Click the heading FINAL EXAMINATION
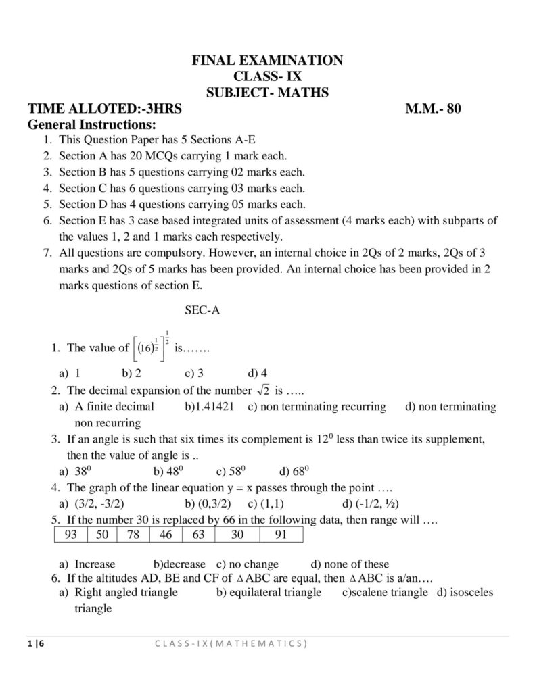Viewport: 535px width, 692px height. coord(268,61)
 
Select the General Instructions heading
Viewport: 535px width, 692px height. coord(92,125)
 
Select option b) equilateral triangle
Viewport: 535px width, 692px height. coord(269,592)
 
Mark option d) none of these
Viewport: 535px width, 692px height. coord(350,564)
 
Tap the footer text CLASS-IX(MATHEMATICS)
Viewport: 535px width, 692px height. coord(230,643)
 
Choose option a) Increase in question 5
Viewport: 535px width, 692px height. coord(87,564)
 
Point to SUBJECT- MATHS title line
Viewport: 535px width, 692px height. coord(268,93)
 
